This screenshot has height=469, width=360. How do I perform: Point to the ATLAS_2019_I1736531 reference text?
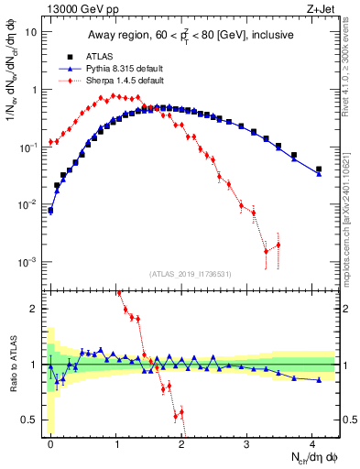click(191, 274)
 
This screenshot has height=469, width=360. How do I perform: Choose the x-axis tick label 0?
click(50, 442)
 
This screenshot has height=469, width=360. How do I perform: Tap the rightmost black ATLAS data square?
click(319, 169)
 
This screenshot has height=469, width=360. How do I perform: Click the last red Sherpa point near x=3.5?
click(278, 245)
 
